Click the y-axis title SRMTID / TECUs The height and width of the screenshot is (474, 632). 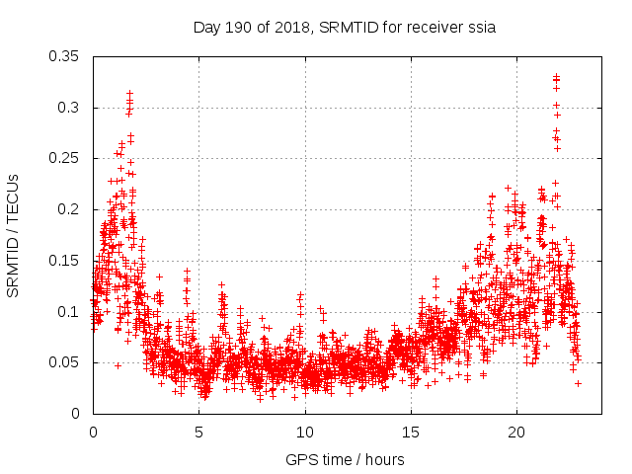click(x=14, y=236)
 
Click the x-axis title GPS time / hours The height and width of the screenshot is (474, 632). click(x=345, y=459)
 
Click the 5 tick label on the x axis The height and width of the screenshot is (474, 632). click(x=198, y=433)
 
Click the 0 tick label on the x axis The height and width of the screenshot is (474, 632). click(x=93, y=433)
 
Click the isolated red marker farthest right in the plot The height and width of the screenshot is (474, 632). click(x=578, y=383)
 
